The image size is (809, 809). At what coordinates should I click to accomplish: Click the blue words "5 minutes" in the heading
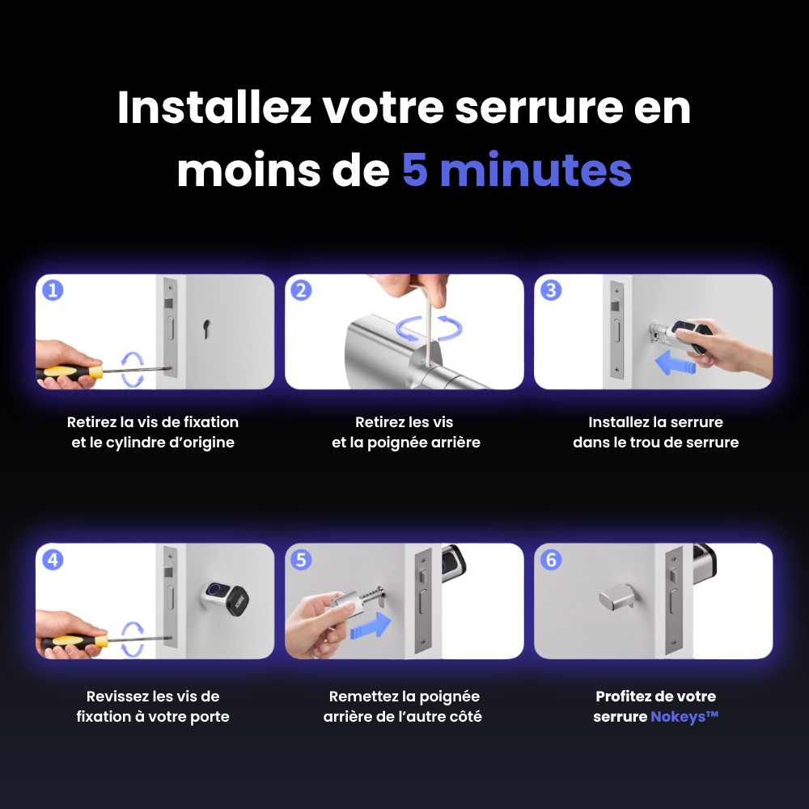click(516, 171)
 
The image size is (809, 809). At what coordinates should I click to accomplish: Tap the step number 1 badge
click(53, 290)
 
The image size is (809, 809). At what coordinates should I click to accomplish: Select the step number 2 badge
click(301, 290)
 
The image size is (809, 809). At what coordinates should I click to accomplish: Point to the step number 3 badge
click(551, 290)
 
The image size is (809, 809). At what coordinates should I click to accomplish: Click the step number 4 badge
click(53, 560)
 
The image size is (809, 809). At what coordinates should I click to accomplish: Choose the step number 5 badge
click(301, 560)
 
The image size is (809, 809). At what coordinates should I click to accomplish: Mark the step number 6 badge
click(551, 560)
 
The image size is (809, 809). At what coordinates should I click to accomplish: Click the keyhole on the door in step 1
click(208, 328)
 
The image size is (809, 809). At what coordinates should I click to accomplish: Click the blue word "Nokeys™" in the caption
click(684, 717)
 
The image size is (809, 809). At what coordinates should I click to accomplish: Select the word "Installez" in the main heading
click(214, 108)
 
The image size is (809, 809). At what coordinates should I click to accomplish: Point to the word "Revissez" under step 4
click(118, 697)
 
